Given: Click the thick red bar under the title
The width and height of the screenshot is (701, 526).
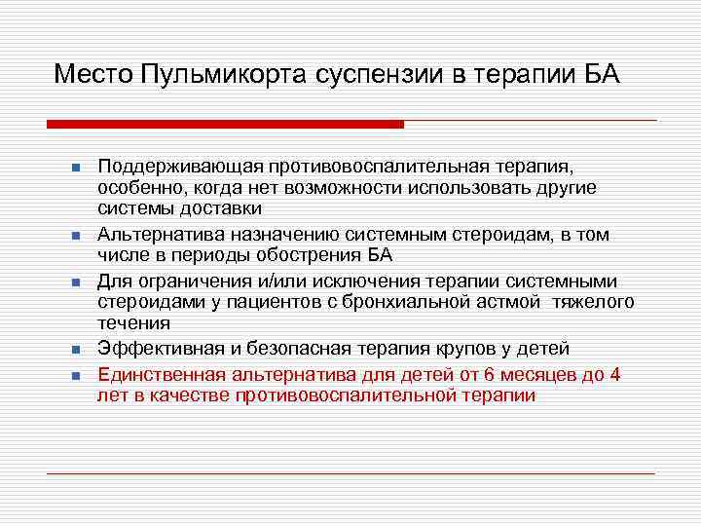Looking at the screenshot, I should point(225,124).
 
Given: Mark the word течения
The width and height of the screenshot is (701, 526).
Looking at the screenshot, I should point(134,322).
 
